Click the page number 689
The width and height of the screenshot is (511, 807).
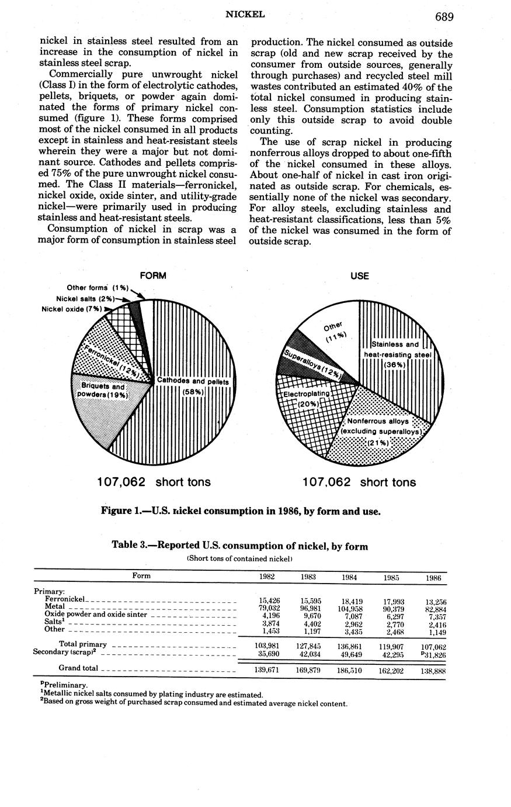point(444,16)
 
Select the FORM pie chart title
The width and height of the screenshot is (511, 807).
point(153,275)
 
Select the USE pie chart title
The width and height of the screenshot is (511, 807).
point(360,275)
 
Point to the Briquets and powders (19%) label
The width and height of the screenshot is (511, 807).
point(102,391)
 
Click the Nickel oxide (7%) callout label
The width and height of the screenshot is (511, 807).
point(72,309)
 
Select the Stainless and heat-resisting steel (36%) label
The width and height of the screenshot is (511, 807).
point(398,354)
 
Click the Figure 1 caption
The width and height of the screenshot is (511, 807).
point(241,511)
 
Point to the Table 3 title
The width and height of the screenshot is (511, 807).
point(240,546)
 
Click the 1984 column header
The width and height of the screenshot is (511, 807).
point(349,577)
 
